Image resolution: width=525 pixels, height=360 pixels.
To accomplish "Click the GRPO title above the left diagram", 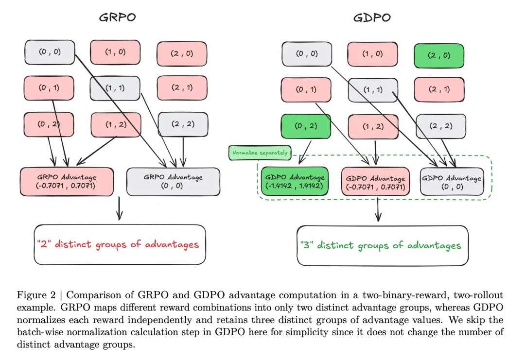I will (x=117, y=17).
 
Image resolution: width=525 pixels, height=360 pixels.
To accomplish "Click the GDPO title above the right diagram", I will (x=372, y=18).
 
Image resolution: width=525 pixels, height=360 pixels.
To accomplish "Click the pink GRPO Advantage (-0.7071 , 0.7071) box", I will (x=67, y=182).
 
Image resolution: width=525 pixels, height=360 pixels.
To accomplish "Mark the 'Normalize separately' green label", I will (x=259, y=153).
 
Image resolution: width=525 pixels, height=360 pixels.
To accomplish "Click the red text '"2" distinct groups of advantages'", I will (x=117, y=244).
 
